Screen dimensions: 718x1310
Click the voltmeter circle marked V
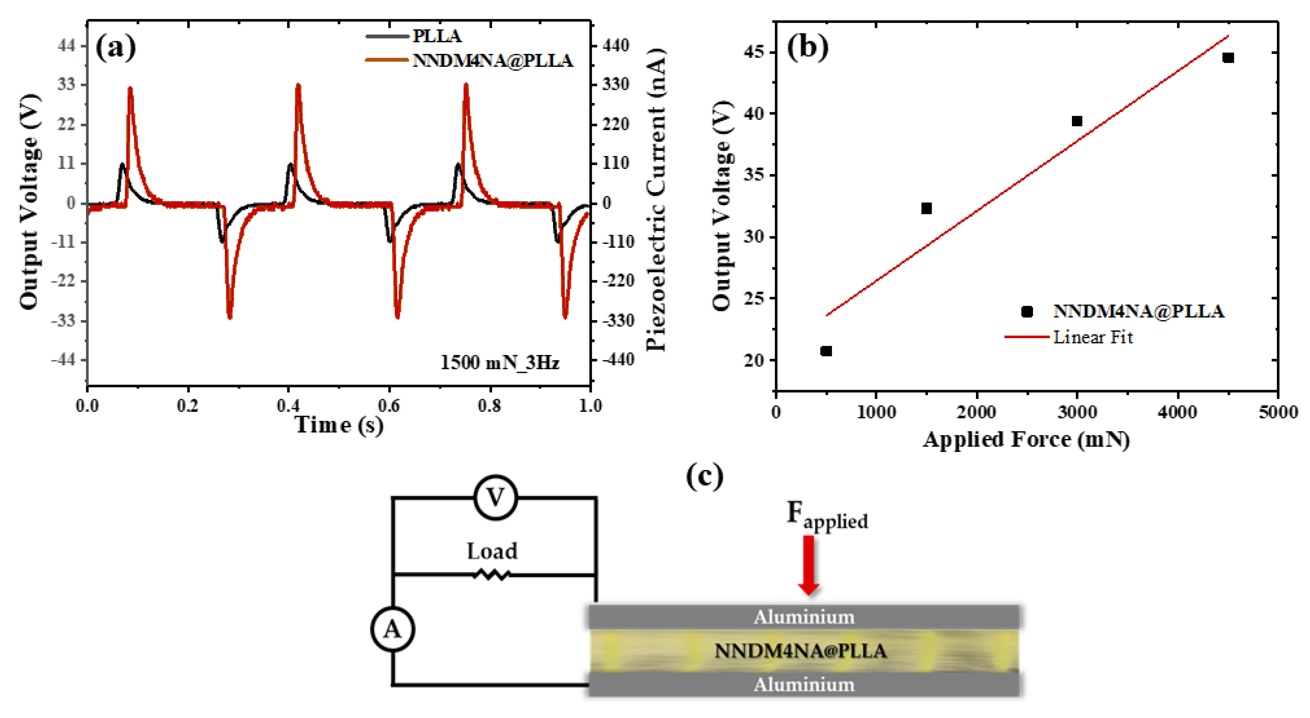495,498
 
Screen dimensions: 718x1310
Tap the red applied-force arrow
808,564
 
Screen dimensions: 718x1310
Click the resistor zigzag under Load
491,575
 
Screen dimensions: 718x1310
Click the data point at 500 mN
826,351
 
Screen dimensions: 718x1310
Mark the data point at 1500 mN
927,208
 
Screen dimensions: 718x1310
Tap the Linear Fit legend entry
1092,337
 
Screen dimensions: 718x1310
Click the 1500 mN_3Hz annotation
499,362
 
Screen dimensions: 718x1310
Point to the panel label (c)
704,476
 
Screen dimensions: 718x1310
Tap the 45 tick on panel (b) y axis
754,52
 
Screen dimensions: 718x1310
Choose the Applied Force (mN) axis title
1026,439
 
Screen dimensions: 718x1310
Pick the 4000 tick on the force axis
1177,412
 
